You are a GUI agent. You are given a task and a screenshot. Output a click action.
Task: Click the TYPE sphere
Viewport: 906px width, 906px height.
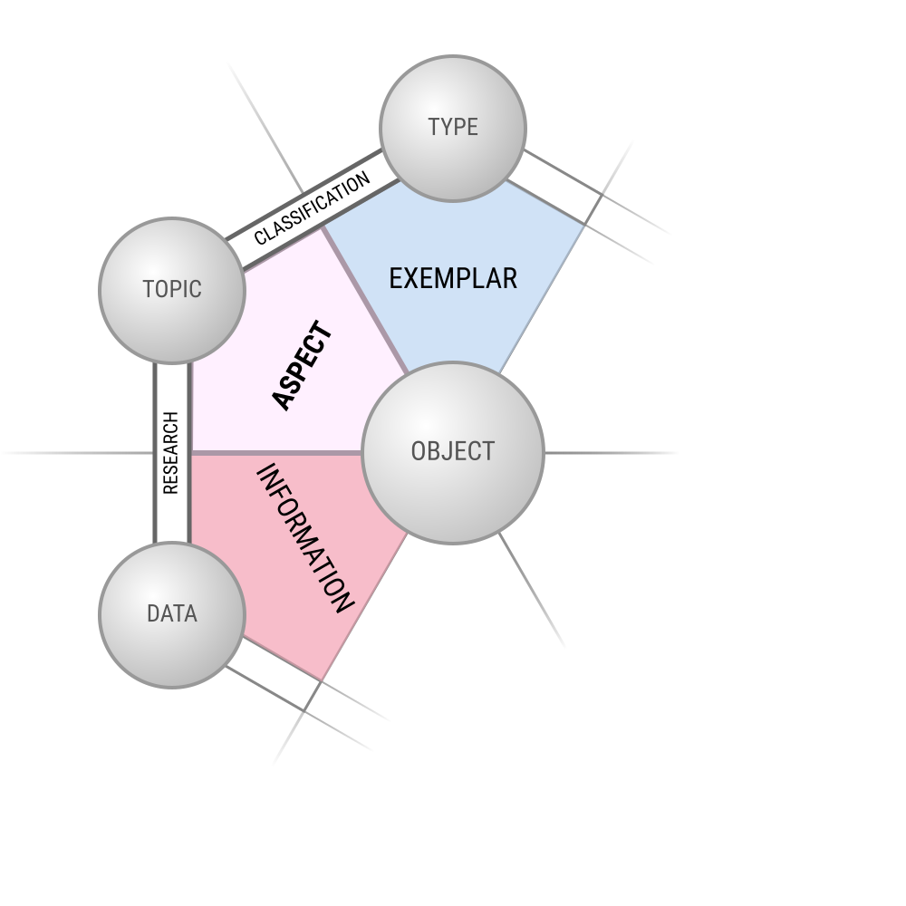pyautogui.click(x=453, y=129)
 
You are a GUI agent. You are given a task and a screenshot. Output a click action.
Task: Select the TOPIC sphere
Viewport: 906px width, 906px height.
pyautogui.click(x=172, y=290)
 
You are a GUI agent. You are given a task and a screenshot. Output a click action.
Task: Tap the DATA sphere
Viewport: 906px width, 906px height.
pyautogui.click(x=172, y=615)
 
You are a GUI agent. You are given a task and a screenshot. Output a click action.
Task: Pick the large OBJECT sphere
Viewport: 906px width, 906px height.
pyautogui.click(x=453, y=453)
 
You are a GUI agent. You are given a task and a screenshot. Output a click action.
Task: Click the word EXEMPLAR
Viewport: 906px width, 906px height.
pyautogui.click(x=453, y=278)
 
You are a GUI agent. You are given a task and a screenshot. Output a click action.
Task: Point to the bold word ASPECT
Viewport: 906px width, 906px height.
pyautogui.click(x=302, y=365)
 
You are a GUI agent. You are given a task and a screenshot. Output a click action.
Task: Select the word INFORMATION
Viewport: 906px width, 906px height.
pyautogui.click(x=304, y=538)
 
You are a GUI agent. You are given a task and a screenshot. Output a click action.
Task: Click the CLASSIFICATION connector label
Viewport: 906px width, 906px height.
pyautogui.click(x=312, y=208)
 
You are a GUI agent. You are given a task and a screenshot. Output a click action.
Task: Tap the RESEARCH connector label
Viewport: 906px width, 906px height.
pyautogui.click(x=171, y=453)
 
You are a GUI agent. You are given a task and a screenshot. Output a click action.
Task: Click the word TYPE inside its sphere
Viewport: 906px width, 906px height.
pyautogui.click(x=453, y=127)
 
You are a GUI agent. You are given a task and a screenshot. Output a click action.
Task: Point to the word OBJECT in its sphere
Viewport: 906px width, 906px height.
pyautogui.click(x=453, y=451)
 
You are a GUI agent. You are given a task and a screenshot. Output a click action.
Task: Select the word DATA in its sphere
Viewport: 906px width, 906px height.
pyautogui.click(x=172, y=613)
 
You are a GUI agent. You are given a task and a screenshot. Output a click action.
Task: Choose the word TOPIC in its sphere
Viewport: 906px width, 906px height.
pyautogui.click(x=172, y=290)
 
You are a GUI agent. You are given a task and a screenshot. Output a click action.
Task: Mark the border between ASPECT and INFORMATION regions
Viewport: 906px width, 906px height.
pyautogui.click(x=276, y=453)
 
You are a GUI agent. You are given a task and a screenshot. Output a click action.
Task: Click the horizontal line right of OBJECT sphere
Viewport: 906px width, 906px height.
pyautogui.click(x=611, y=453)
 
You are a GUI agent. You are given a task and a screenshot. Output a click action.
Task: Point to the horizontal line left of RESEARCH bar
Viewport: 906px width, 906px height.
pyautogui.click(x=77, y=453)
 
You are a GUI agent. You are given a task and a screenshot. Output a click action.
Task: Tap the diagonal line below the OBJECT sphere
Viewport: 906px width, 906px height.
pyautogui.click(x=532, y=589)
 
